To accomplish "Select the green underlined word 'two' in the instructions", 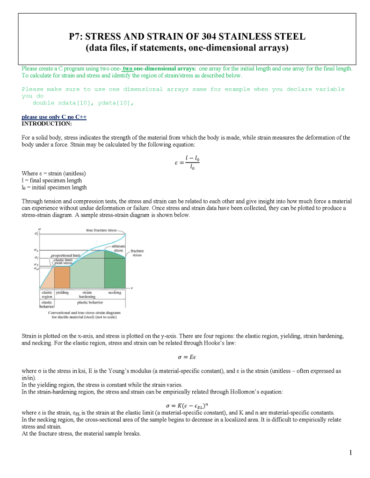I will pyautogui.click(x=128, y=69).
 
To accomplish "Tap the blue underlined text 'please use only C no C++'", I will pyautogui.click(x=54, y=117).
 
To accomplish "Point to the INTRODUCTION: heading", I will pyautogui.click(x=47, y=124).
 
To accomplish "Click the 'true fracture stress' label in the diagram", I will pyautogui.click(x=102, y=230).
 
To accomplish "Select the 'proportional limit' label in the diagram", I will pyautogui.click(x=66, y=256).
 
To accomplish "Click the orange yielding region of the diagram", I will pyautogui.click(x=62, y=277).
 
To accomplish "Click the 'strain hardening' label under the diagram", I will pyautogui.click(x=87, y=295).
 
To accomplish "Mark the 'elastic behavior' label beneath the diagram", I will pyautogui.click(x=47, y=304).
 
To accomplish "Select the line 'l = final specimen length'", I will pyautogui.click(x=51, y=180).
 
